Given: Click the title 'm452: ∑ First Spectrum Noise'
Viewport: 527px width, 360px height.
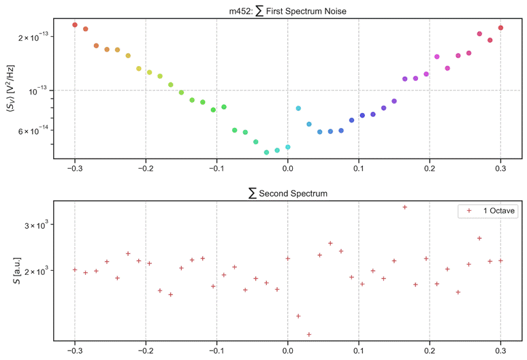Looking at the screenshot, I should (287, 10).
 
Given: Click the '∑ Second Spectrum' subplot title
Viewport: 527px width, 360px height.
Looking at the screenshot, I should (287, 193).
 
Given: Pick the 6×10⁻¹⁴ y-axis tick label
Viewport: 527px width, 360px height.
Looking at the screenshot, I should (30, 130).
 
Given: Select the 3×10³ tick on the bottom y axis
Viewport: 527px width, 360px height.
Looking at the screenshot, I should (33, 225).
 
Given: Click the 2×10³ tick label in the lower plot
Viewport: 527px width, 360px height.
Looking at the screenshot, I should (33, 271).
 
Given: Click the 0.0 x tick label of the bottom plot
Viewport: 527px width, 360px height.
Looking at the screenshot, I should (287, 351).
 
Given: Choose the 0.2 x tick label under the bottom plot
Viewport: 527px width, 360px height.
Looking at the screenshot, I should (430, 351).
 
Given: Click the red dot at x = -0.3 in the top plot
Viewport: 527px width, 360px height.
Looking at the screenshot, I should (75, 24).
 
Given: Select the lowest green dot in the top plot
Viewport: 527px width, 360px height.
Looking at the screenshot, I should (266, 152).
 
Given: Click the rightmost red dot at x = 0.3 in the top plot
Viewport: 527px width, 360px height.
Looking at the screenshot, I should (500, 28).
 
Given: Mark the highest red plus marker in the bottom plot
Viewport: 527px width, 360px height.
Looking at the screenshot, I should (404, 207).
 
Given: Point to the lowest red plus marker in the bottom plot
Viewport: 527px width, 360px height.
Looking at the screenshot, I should (309, 334).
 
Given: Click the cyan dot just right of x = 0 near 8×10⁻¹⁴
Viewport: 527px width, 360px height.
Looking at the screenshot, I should (298, 108).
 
